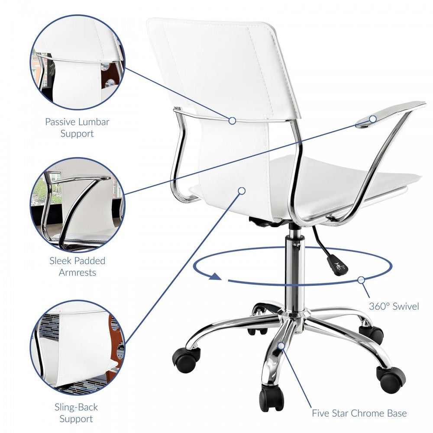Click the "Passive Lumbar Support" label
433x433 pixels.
point(77,127)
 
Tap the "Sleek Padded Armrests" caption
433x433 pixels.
point(78,266)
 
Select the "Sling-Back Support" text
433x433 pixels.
point(76,413)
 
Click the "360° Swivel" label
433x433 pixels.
point(394,307)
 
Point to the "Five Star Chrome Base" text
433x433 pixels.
point(359,413)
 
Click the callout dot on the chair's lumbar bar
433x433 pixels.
point(232,121)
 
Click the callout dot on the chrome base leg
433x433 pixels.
point(281,346)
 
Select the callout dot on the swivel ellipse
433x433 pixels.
point(362,280)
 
